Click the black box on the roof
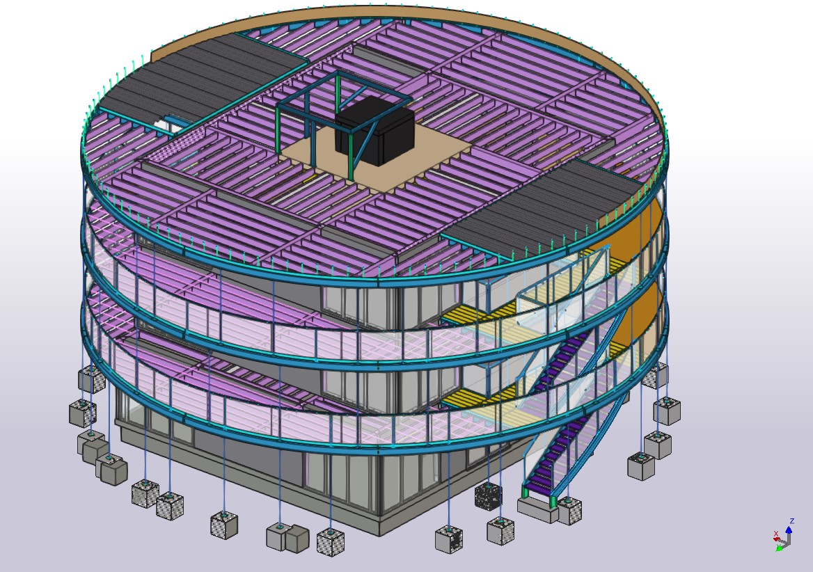[375, 131]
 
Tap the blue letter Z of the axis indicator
[791, 521]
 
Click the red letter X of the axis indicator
[776, 534]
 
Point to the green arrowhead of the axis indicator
[778, 548]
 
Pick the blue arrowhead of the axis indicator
[789, 530]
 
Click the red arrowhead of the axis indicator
[777, 541]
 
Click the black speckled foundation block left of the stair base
[488, 495]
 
